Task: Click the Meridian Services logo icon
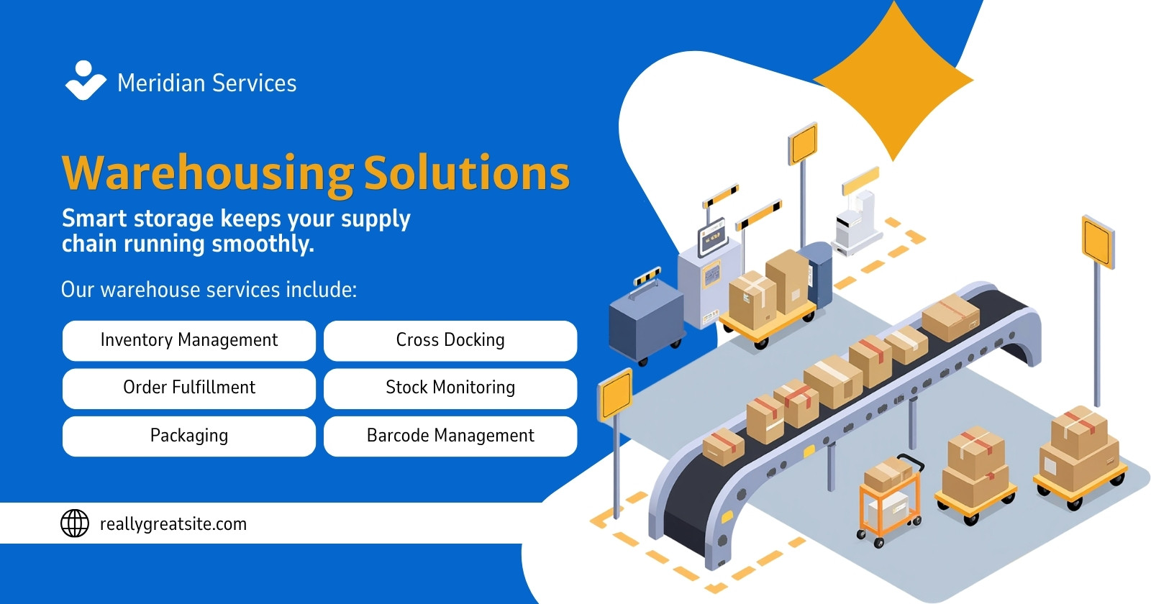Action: coord(86,81)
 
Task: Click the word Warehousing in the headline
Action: coord(208,174)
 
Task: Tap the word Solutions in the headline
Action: coord(467,173)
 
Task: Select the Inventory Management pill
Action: coord(189,341)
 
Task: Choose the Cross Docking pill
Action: coord(450,341)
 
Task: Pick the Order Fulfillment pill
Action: coord(189,388)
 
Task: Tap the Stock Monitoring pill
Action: coord(450,388)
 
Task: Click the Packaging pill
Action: coord(189,436)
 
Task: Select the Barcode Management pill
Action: coord(450,436)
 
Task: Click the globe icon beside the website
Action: coord(75,523)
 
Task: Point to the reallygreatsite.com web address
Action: coord(173,524)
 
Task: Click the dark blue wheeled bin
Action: coord(646,324)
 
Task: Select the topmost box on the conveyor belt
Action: coord(950,317)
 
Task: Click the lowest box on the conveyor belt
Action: coord(723,447)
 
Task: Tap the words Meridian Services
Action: coord(206,83)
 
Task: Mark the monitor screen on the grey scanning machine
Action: coord(711,237)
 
